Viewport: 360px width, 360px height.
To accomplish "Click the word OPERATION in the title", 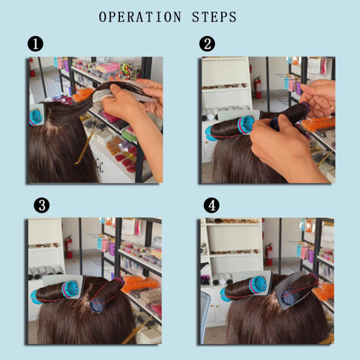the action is click(140, 17).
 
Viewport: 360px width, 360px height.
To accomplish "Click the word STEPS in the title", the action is click(214, 17).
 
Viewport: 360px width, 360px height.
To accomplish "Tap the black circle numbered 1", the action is click(36, 44).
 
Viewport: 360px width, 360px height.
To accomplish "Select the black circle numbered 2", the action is click(207, 44).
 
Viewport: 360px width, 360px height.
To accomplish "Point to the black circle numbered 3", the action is click(41, 205).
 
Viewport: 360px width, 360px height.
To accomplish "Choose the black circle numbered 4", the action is click(211, 205).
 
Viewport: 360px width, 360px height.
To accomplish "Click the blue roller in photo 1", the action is click(36, 117).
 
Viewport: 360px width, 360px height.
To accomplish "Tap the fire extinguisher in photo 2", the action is click(257, 87).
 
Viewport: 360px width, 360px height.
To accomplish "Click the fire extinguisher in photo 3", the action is click(68, 247).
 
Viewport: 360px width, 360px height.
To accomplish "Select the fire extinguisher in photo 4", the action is click(269, 254).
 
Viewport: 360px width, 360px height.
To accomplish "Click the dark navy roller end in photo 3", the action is click(97, 305).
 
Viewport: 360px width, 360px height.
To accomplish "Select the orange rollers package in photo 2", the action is click(318, 124).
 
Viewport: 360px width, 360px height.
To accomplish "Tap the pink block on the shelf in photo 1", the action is click(108, 67).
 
